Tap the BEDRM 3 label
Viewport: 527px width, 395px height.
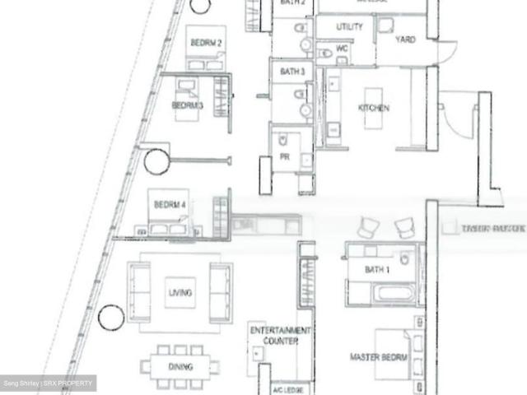(x=187, y=105)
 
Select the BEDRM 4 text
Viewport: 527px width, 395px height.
(x=170, y=204)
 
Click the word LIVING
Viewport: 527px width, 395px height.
(x=180, y=293)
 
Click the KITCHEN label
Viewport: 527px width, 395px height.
(x=373, y=108)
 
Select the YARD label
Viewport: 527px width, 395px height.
(x=404, y=39)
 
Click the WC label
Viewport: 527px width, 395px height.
(x=343, y=48)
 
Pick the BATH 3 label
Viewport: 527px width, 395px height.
(x=292, y=72)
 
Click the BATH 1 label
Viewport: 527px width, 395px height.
(x=378, y=269)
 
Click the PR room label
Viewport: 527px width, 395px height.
(x=284, y=157)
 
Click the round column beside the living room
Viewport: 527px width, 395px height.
(x=110, y=316)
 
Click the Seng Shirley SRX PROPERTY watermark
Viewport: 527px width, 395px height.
(x=48, y=383)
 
